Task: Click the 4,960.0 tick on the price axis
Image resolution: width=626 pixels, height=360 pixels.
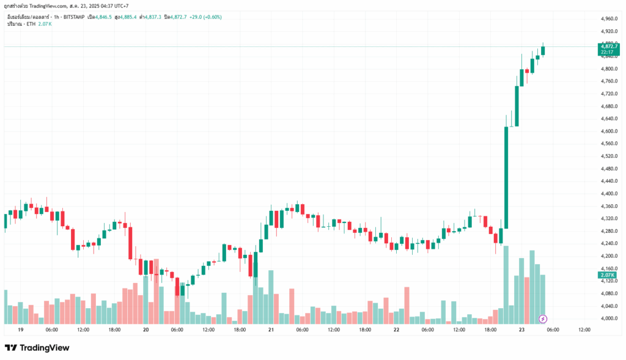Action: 609,18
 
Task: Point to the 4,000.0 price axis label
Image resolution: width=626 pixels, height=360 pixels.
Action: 609,318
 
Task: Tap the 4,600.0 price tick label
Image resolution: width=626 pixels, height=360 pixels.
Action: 609,131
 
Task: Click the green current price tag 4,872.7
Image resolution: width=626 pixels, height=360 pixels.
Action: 609,46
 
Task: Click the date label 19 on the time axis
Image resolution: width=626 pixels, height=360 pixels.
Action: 21,329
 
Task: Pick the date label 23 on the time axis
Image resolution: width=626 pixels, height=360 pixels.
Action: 521,329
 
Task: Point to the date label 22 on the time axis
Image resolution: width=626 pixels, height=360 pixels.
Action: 396,329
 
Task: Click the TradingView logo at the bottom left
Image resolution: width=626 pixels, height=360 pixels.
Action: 37,348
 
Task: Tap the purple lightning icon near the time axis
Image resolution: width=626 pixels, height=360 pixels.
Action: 543,318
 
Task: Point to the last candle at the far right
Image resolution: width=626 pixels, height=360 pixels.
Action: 543,50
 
